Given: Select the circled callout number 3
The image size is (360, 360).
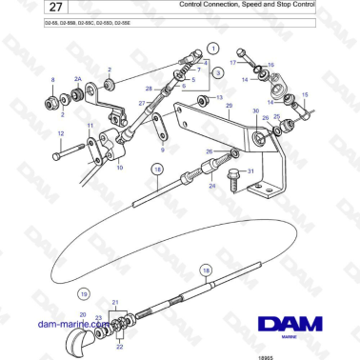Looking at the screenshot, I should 218,71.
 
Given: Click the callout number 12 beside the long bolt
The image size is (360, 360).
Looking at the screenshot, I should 61,134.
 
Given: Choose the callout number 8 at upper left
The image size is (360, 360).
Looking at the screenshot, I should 53,81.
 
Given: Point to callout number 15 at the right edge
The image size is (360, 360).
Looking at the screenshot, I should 305,94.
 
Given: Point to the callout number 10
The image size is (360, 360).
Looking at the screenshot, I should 93,167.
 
